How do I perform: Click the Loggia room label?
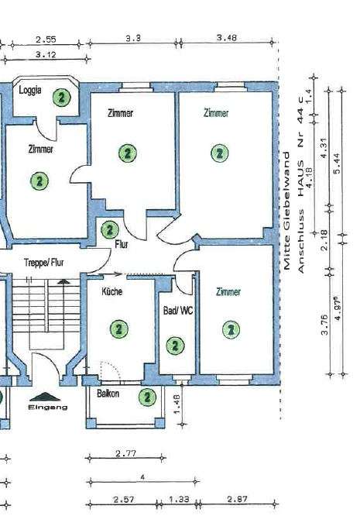[x=31, y=90]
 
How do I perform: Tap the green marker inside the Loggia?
[x=61, y=97]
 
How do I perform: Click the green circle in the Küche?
[x=118, y=329]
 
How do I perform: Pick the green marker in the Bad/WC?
[x=176, y=346]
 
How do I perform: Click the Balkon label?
[x=108, y=394]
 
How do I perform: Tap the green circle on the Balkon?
[x=146, y=397]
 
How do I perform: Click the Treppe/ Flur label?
[x=45, y=263]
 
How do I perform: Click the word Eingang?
[x=48, y=406]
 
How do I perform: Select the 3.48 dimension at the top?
[x=227, y=37]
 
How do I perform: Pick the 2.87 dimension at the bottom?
[x=238, y=499]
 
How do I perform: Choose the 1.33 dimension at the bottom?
[x=178, y=499]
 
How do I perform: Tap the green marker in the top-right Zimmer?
[x=220, y=153]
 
